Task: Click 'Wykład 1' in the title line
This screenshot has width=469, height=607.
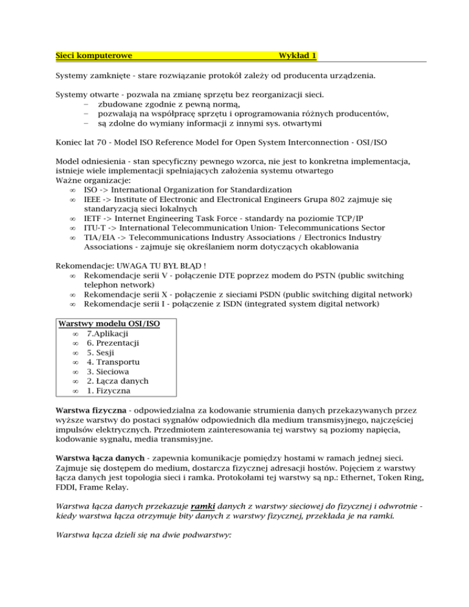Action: (x=297, y=56)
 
